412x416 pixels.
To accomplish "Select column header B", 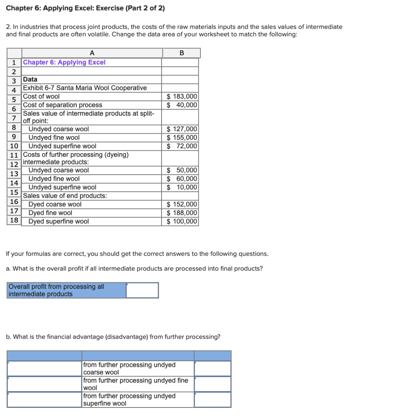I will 181,52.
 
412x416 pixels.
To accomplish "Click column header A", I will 92,52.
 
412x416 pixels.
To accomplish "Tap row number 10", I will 14,146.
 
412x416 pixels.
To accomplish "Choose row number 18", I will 14,220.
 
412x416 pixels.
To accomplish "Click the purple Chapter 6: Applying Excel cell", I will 65,62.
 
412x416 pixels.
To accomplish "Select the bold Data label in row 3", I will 30,79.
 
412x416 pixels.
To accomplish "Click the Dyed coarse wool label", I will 55,204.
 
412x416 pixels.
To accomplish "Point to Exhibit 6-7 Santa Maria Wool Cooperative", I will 85,88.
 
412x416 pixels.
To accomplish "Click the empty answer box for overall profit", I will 142,290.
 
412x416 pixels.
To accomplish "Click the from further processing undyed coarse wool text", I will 129,368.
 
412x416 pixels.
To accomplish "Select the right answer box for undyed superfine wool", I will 213,399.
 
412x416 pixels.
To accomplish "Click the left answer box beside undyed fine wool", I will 45,384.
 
